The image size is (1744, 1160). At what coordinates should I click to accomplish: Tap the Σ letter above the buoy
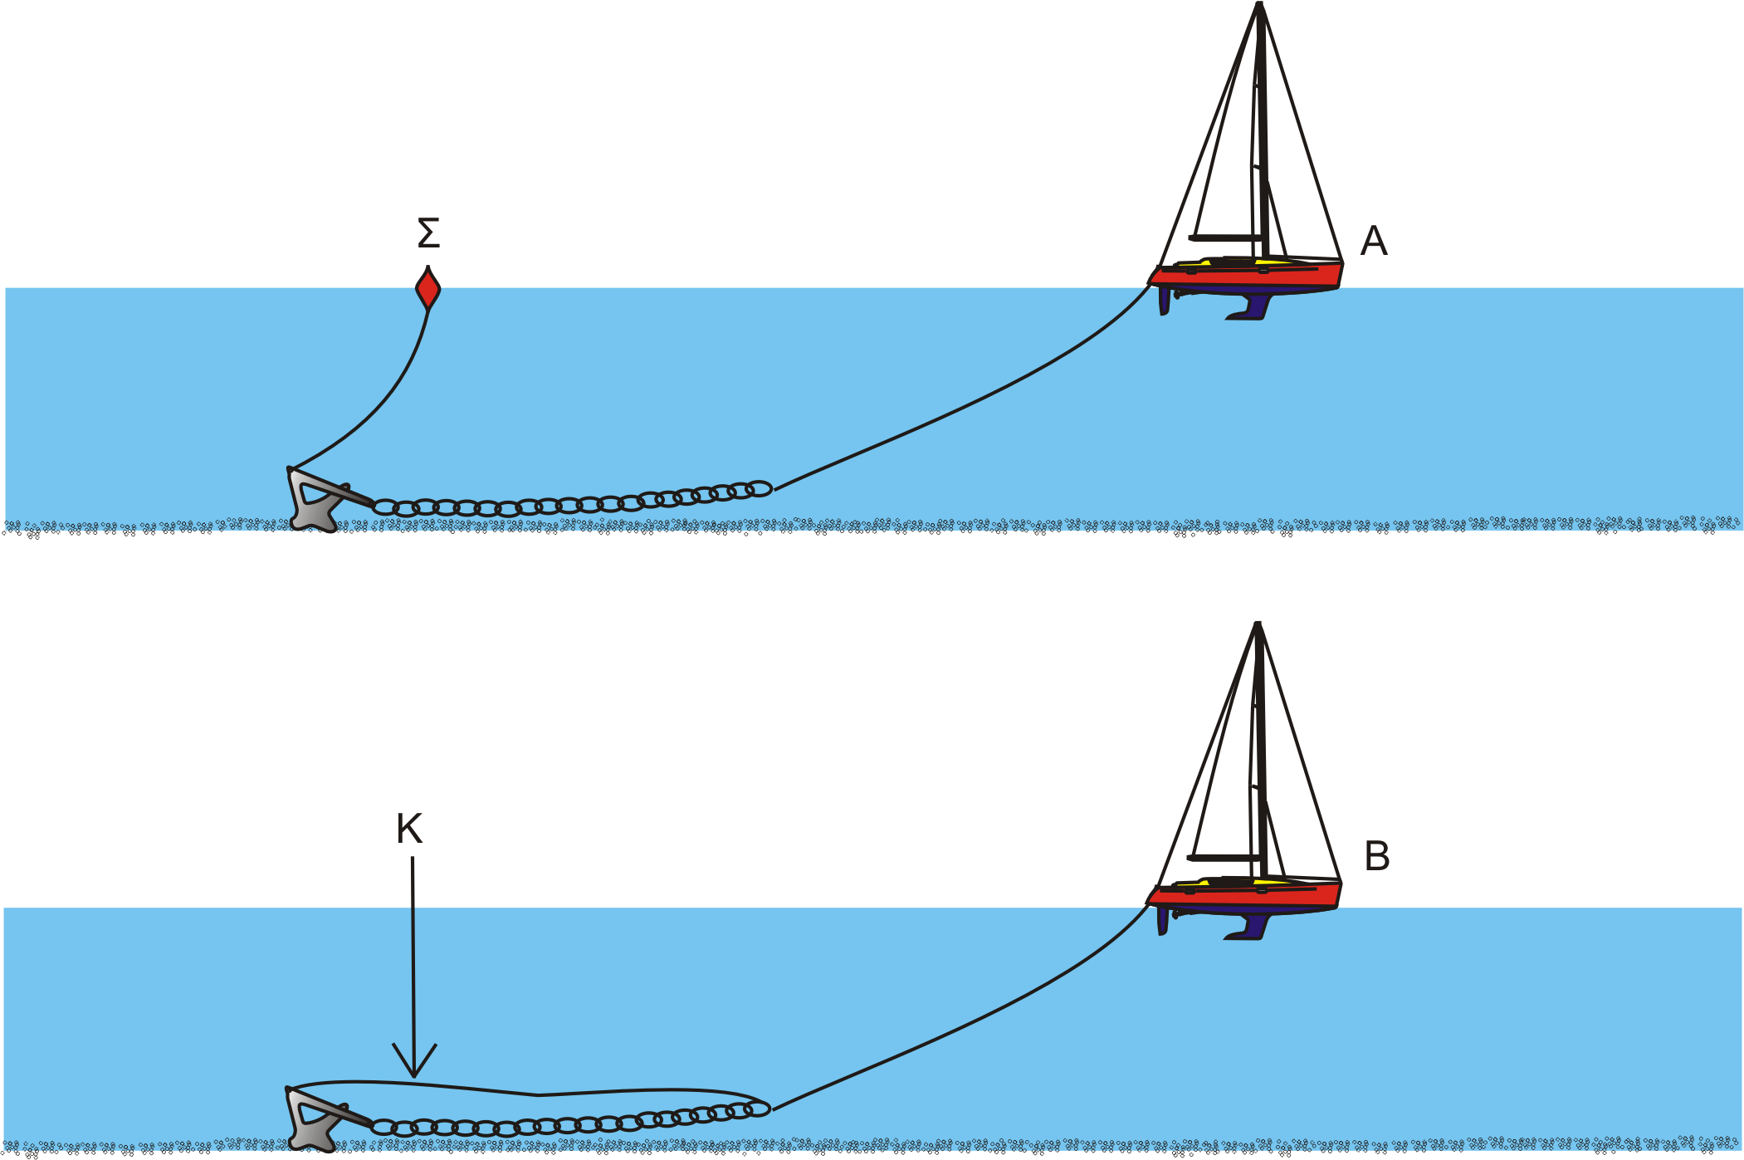click(x=428, y=233)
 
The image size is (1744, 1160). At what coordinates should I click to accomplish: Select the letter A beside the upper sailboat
click(x=1374, y=242)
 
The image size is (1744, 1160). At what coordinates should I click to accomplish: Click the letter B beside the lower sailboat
click(x=1377, y=856)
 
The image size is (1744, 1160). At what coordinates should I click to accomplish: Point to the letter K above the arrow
click(x=409, y=829)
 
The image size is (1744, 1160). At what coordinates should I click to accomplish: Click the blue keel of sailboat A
click(x=1250, y=307)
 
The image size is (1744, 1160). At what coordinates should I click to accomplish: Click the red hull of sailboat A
click(x=1245, y=277)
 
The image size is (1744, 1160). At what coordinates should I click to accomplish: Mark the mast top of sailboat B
click(x=1258, y=624)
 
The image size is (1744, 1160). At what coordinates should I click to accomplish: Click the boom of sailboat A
click(x=1224, y=238)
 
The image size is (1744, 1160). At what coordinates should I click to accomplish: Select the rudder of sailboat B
click(x=1163, y=921)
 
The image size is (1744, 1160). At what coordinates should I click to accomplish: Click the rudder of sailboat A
click(x=1165, y=301)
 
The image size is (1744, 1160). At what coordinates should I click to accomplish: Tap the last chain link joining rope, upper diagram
click(x=759, y=489)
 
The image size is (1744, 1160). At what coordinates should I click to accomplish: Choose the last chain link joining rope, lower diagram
click(x=757, y=1109)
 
